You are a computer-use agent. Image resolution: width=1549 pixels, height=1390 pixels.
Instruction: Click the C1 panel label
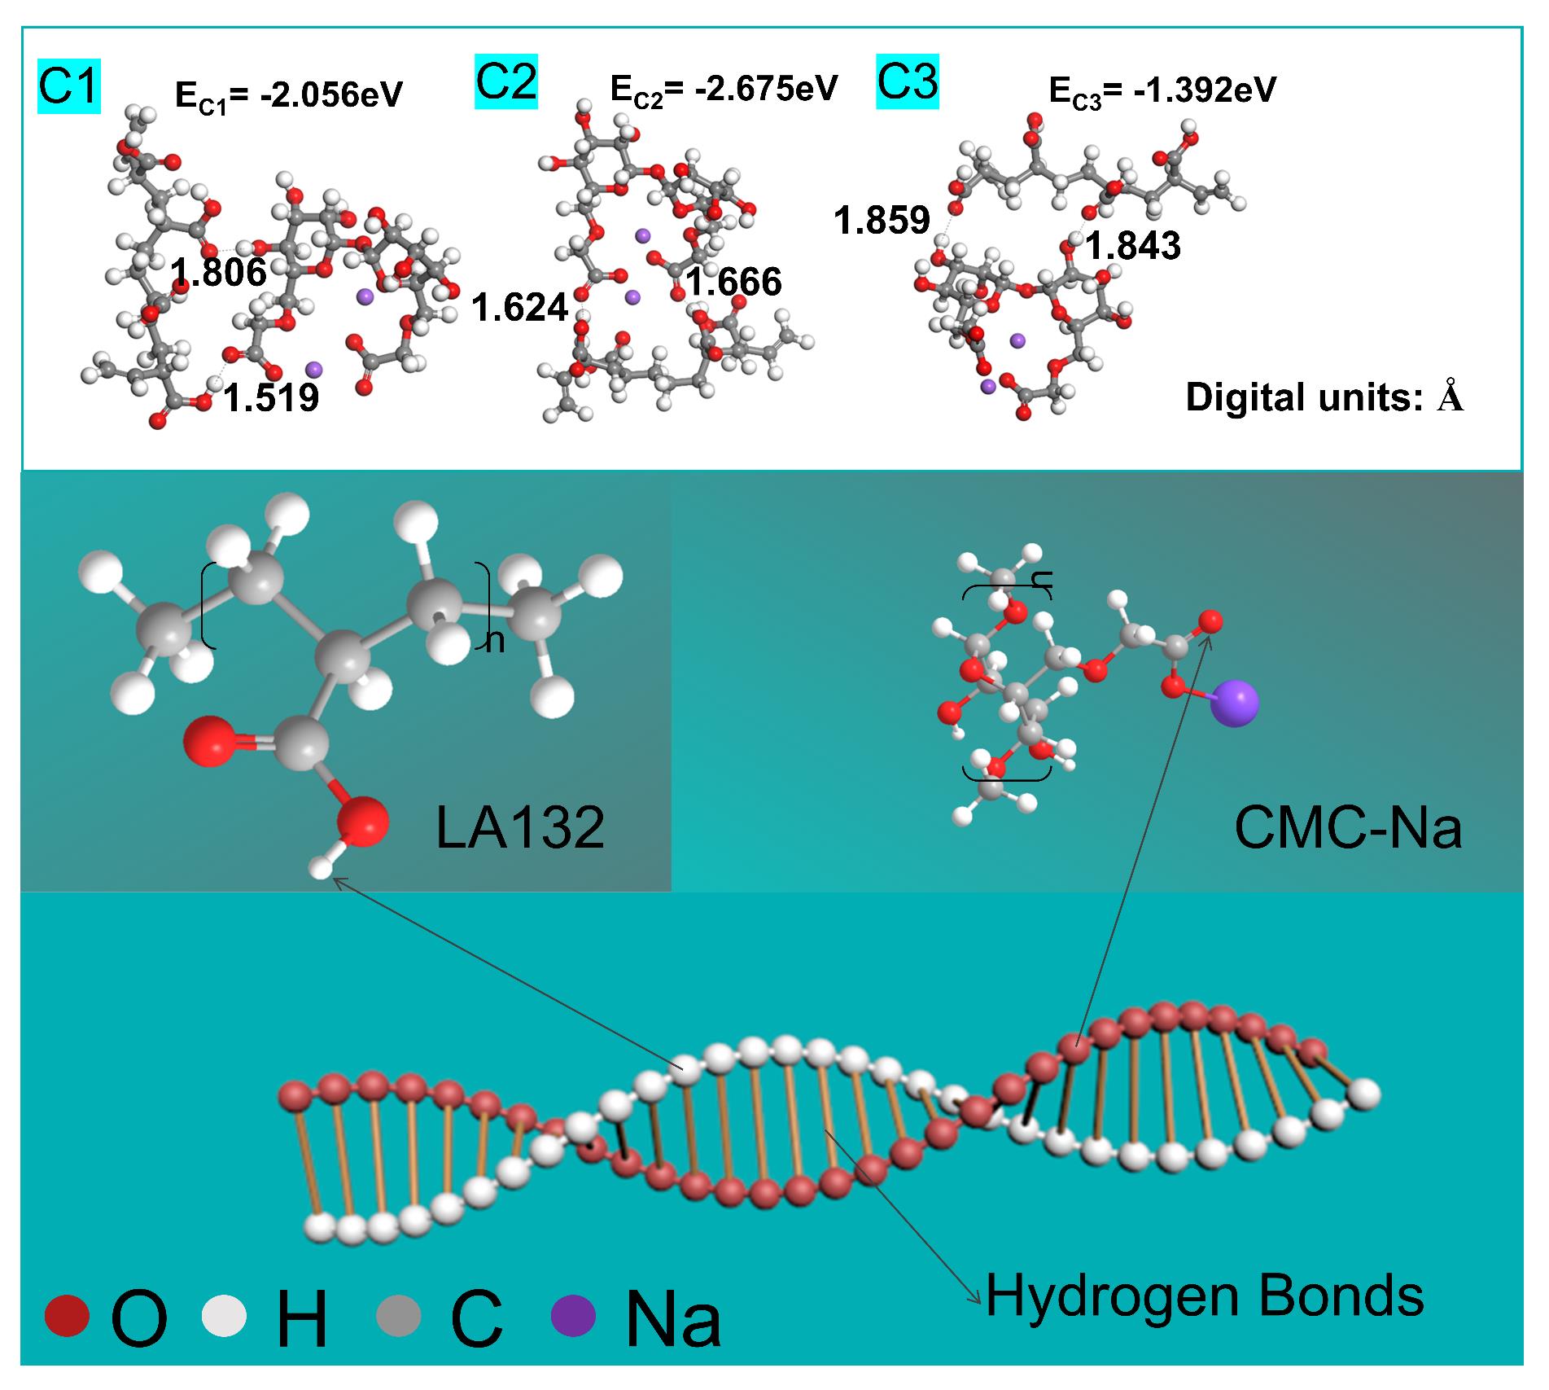tap(68, 88)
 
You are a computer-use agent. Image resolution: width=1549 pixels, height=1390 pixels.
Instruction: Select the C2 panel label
tap(505, 82)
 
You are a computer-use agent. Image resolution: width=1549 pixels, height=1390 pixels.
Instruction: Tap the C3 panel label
tap(907, 82)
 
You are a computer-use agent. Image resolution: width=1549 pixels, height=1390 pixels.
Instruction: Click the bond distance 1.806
tap(218, 273)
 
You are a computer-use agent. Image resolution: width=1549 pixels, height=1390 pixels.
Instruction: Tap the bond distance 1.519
tap(271, 398)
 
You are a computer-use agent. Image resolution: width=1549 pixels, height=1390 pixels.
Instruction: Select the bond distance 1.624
tap(519, 308)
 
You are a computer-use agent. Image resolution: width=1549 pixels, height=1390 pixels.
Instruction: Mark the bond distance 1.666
tap(733, 282)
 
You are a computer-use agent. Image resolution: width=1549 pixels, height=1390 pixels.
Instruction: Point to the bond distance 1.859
tap(882, 221)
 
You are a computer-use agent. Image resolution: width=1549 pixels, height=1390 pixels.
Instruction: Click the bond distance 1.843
tap(1133, 246)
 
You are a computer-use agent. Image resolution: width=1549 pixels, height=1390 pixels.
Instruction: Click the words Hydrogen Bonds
tap(1205, 1296)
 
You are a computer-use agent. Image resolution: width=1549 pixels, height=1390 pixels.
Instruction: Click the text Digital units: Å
tap(1324, 397)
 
